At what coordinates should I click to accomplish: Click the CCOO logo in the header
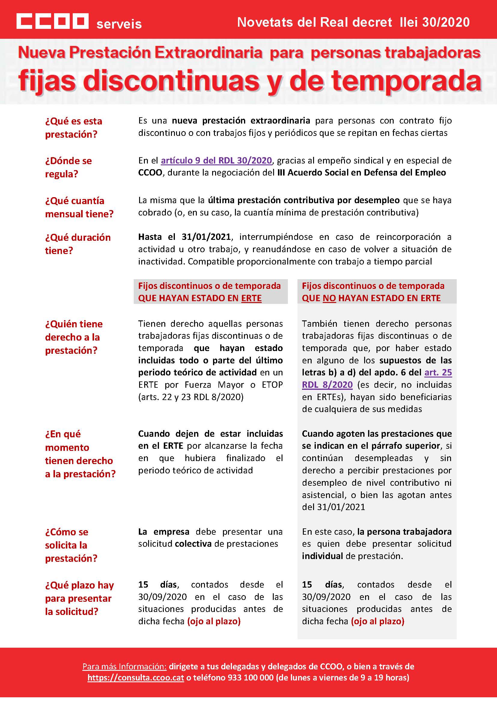pos(52,21)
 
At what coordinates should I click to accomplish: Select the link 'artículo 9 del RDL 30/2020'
pos(216,160)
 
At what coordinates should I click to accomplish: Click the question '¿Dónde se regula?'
pos(68,167)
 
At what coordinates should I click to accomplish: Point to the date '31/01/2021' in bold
pos(206,237)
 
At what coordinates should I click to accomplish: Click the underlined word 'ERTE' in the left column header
pos(251,298)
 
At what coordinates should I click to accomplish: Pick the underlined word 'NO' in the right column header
pos(329,298)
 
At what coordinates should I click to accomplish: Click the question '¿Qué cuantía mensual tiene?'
pos(79,207)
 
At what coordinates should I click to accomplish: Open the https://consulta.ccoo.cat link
pos(136,677)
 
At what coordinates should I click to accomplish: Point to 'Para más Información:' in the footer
pos(124,666)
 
